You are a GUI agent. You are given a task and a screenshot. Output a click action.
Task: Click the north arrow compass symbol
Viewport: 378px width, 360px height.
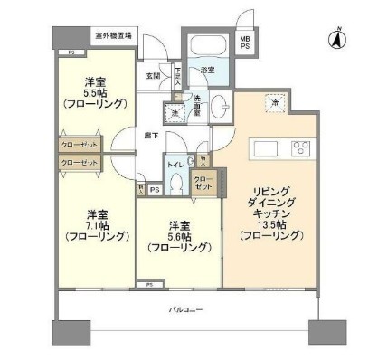336,38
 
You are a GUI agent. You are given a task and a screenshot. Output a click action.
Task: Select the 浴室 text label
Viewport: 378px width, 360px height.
208,71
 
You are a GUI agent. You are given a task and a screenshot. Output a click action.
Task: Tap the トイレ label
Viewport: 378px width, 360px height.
175,166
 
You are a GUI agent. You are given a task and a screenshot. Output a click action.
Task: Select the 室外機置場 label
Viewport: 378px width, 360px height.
113,37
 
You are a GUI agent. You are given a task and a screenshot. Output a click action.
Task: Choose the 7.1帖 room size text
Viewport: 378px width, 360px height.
98,225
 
